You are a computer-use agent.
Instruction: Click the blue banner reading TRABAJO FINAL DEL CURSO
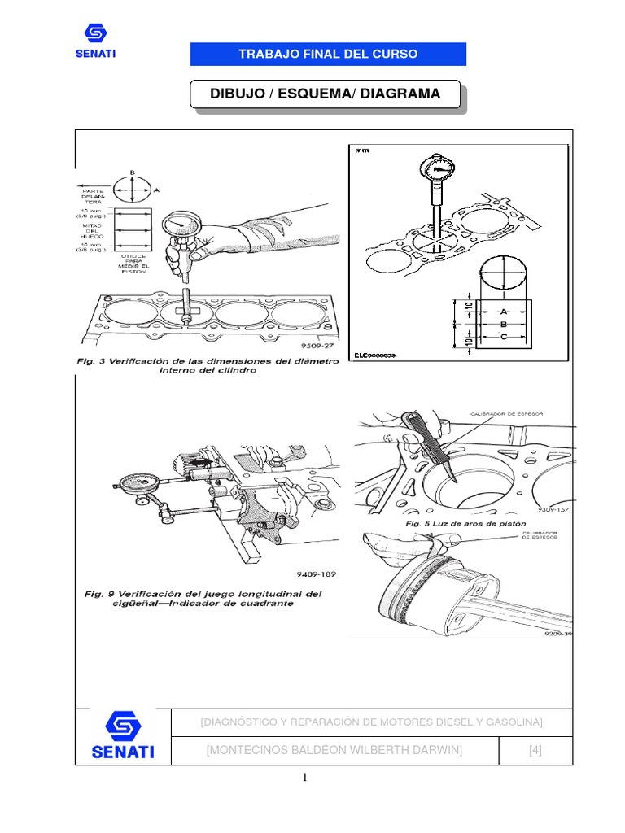tap(328, 55)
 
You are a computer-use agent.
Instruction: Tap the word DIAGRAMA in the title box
tap(400, 94)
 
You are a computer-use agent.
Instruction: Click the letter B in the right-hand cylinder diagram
tap(504, 324)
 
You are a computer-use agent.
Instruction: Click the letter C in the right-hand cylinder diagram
tap(504, 336)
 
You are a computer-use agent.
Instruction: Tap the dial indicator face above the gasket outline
tap(436, 169)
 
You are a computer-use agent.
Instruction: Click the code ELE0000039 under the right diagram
tap(377, 355)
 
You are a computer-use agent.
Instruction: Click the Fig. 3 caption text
tap(208, 365)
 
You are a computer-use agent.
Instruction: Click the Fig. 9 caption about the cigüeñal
tap(203, 599)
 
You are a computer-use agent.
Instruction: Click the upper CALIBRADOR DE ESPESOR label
tap(505, 414)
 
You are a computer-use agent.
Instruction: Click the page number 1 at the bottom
tap(305, 777)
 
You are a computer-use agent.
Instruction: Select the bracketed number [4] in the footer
tap(535, 750)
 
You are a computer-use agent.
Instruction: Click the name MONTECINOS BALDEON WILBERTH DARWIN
tap(334, 750)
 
